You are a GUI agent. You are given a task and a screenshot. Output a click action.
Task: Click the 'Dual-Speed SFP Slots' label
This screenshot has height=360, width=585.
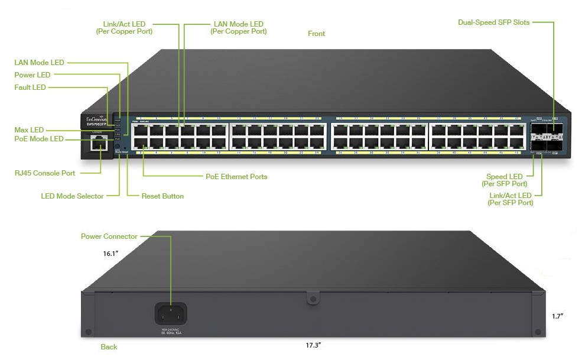point(493,22)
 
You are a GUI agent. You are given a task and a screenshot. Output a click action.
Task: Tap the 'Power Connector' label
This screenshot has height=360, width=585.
point(109,236)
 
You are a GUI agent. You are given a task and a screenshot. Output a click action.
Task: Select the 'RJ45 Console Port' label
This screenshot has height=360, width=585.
point(45,173)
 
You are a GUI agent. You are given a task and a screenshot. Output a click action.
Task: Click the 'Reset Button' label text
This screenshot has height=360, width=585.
point(162,196)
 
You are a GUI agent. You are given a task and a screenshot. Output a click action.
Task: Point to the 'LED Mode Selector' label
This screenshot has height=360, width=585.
point(72,196)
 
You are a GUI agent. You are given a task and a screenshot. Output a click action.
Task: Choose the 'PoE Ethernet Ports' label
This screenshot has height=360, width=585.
point(236,176)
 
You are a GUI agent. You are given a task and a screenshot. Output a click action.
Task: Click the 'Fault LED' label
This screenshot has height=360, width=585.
point(30,87)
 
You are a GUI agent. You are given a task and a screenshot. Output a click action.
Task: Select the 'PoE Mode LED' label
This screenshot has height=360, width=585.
point(38,139)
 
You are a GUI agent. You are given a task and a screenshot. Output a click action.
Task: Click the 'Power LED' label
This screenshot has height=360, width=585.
point(32,75)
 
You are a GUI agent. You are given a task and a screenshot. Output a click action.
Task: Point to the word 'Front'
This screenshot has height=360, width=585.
point(316,34)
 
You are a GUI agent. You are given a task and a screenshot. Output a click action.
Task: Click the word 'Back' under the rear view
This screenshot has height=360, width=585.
point(109,347)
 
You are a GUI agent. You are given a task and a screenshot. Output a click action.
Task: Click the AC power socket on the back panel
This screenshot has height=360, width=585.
point(170,313)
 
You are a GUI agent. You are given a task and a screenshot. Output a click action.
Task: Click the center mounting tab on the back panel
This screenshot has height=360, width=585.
point(311,300)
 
